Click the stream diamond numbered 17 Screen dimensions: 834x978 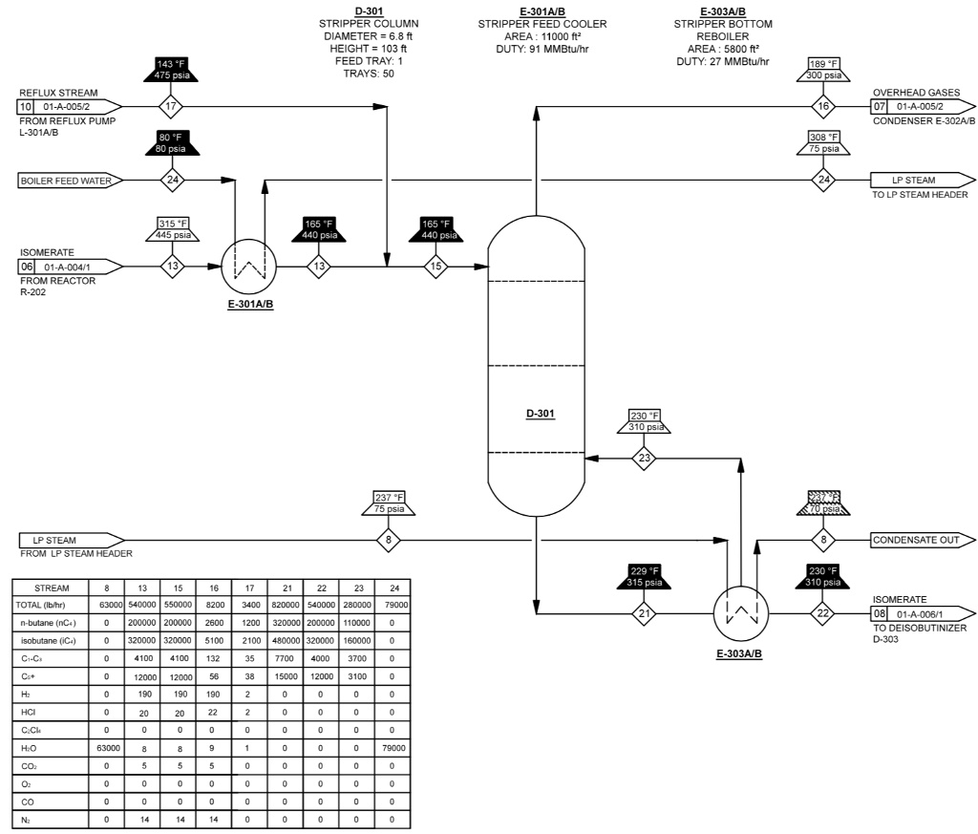172,105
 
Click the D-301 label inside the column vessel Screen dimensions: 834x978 542,415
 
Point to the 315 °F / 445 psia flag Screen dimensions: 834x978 172,229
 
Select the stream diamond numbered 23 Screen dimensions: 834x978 646,458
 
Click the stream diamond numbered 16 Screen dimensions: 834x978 822,105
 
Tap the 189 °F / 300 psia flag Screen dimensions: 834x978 822,69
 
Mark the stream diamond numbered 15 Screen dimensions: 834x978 436,266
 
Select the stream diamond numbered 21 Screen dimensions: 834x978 646,613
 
